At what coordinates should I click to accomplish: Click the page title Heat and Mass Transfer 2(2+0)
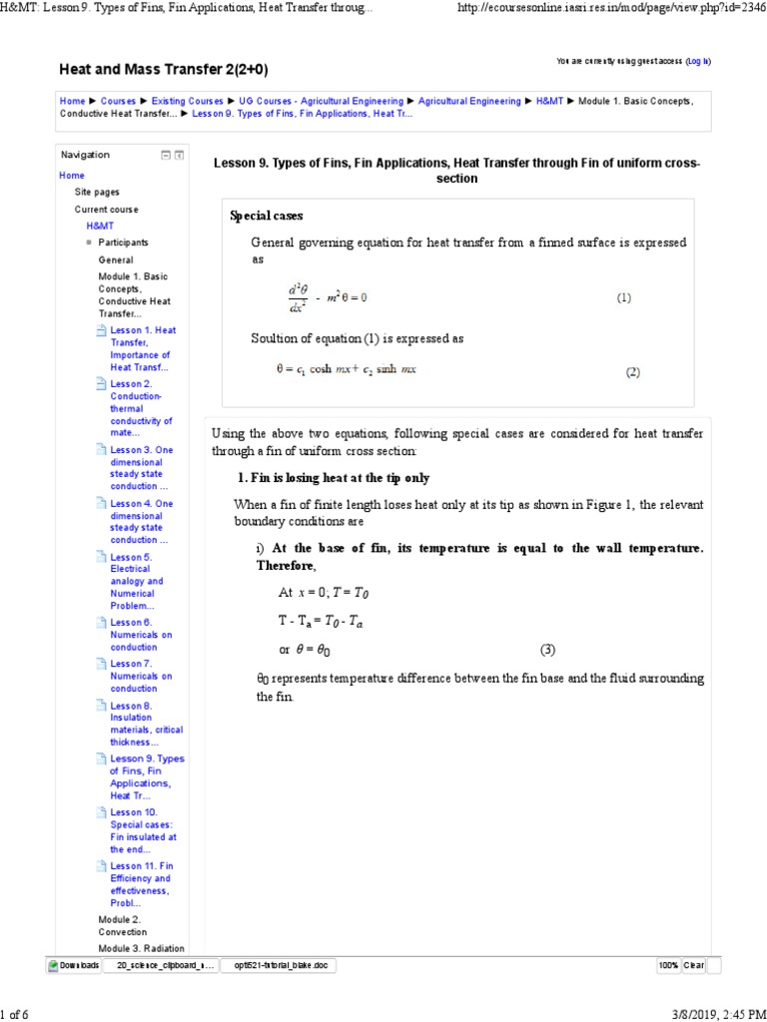click(164, 69)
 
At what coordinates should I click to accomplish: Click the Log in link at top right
click(698, 61)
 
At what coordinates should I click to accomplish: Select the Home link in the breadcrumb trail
click(72, 101)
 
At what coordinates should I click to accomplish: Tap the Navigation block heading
click(86, 155)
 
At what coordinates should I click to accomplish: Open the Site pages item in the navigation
click(97, 192)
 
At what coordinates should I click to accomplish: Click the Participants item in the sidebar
click(123, 243)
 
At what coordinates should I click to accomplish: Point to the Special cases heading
click(266, 216)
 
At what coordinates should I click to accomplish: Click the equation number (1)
click(624, 297)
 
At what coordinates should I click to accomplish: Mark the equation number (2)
click(631, 372)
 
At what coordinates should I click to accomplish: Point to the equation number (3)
click(547, 650)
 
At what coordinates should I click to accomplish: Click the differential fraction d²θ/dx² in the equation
click(297, 297)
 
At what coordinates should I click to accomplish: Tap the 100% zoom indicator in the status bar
click(668, 965)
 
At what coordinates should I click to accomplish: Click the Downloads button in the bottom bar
click(74, 965)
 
